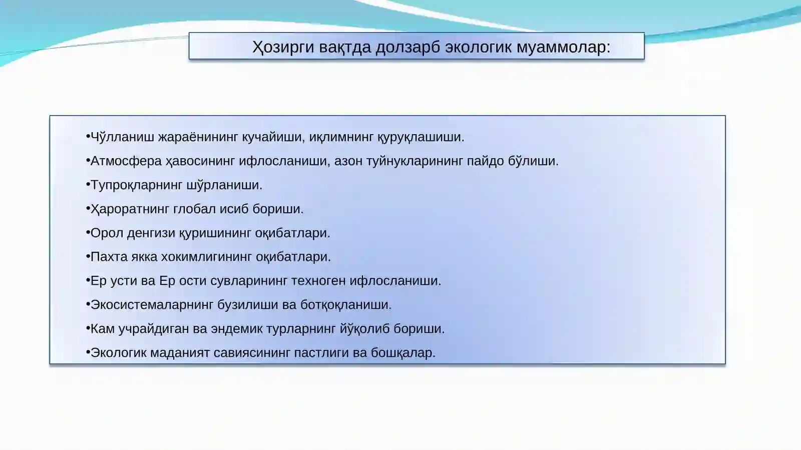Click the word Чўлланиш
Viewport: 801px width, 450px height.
[x=122, y=137]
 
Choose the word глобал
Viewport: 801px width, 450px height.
[x=194, y=209]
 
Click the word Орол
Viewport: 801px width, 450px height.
[x=107, y=233]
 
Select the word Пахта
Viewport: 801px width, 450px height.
[x=109, y=257]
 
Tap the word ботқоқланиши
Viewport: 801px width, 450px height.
[x=345, y=305]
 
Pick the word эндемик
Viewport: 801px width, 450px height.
[x=236, y=329]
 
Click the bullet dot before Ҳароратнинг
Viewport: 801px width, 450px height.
[x=88, y=208]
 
